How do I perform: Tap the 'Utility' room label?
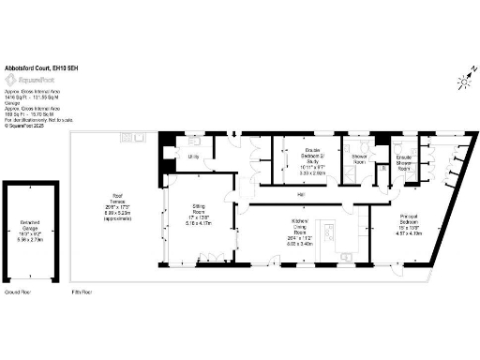click(194, 157)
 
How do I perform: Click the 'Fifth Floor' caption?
click(86, 292)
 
